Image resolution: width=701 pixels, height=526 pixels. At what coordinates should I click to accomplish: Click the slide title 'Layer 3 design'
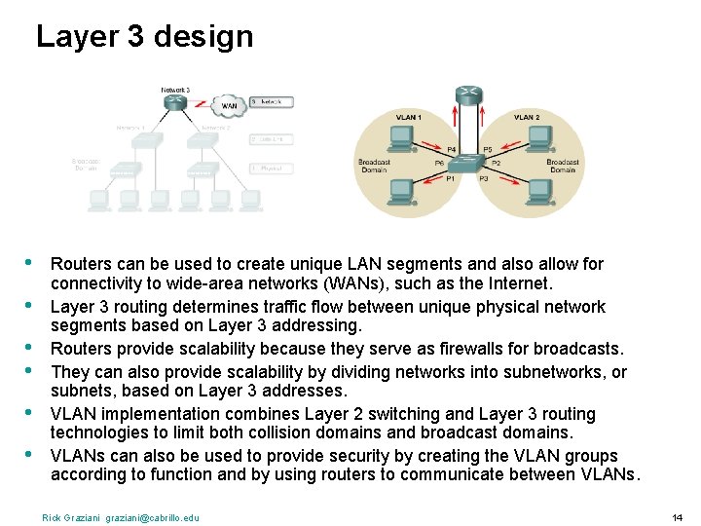point(144,37)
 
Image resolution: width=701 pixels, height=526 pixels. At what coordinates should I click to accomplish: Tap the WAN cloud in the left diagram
point(230,106)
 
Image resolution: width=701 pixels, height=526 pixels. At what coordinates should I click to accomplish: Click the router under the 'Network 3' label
point(175,101)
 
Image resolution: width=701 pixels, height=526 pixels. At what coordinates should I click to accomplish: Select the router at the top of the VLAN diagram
point(467,94)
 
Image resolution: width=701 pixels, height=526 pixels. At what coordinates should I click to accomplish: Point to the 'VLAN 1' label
point(408,117)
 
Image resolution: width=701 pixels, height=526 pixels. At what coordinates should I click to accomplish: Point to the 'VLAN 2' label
point(527,117)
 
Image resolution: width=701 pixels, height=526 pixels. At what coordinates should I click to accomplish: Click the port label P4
point(451,149)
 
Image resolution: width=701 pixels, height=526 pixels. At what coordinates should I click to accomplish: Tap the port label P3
point(483,179)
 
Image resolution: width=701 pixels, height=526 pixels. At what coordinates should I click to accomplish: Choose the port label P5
point(488,149)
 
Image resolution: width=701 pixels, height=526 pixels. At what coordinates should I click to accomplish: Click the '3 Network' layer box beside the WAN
point(266,101)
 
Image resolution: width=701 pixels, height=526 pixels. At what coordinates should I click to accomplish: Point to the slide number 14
point(678,516)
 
